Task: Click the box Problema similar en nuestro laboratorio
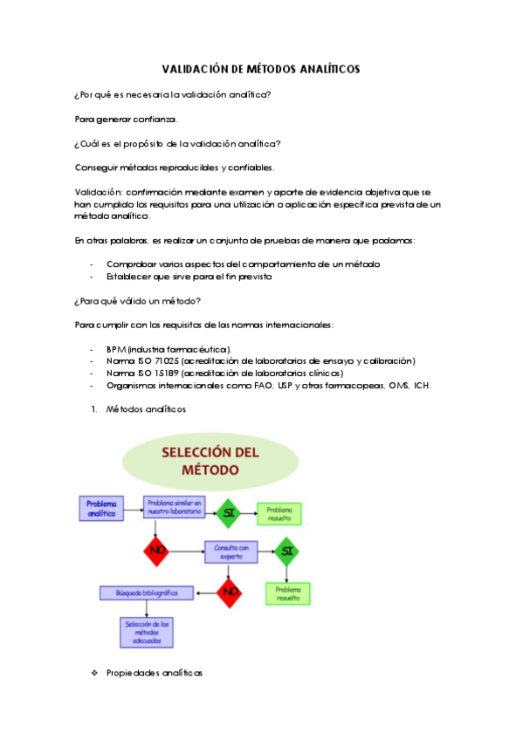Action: tap(175, 508)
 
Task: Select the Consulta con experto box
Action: tap(231, 551)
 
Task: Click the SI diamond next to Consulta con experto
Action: tap(287, 552)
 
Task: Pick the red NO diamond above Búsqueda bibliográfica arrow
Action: tap(230, 593)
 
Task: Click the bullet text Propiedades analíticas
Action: tap(155, 673)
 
